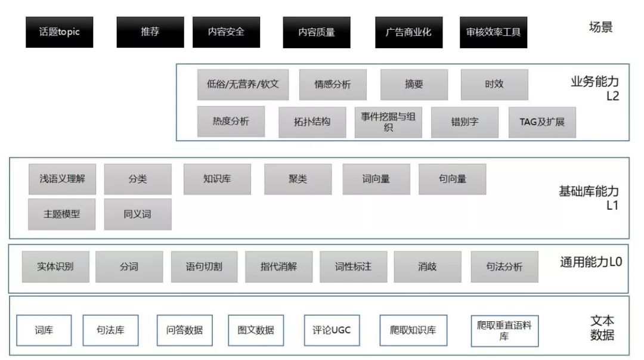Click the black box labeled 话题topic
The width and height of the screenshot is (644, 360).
coord(60,32)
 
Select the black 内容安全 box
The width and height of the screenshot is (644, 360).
coord(226,32)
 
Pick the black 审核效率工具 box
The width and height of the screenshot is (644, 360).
coord(494,32)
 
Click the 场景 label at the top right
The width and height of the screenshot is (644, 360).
coord(600,27)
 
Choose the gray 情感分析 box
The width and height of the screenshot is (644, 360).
coord(333,85)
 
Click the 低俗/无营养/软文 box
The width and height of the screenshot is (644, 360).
coord(239,84)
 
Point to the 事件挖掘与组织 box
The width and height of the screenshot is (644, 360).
coord(388,122)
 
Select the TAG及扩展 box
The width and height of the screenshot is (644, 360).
coord(542,122)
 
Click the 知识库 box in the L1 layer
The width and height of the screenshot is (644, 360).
coord(217,179)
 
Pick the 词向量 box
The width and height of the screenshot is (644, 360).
coord(376,179)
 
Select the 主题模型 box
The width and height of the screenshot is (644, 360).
coord(61,214)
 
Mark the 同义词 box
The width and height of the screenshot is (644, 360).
coord(138,214)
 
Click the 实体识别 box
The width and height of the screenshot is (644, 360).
coord(55,266)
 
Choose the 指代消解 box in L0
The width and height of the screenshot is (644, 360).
coord(278,266)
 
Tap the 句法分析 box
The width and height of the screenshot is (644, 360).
coord(504,266)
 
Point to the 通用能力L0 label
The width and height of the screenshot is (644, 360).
coord(591,262)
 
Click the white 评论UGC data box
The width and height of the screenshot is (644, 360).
coord(332,330)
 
